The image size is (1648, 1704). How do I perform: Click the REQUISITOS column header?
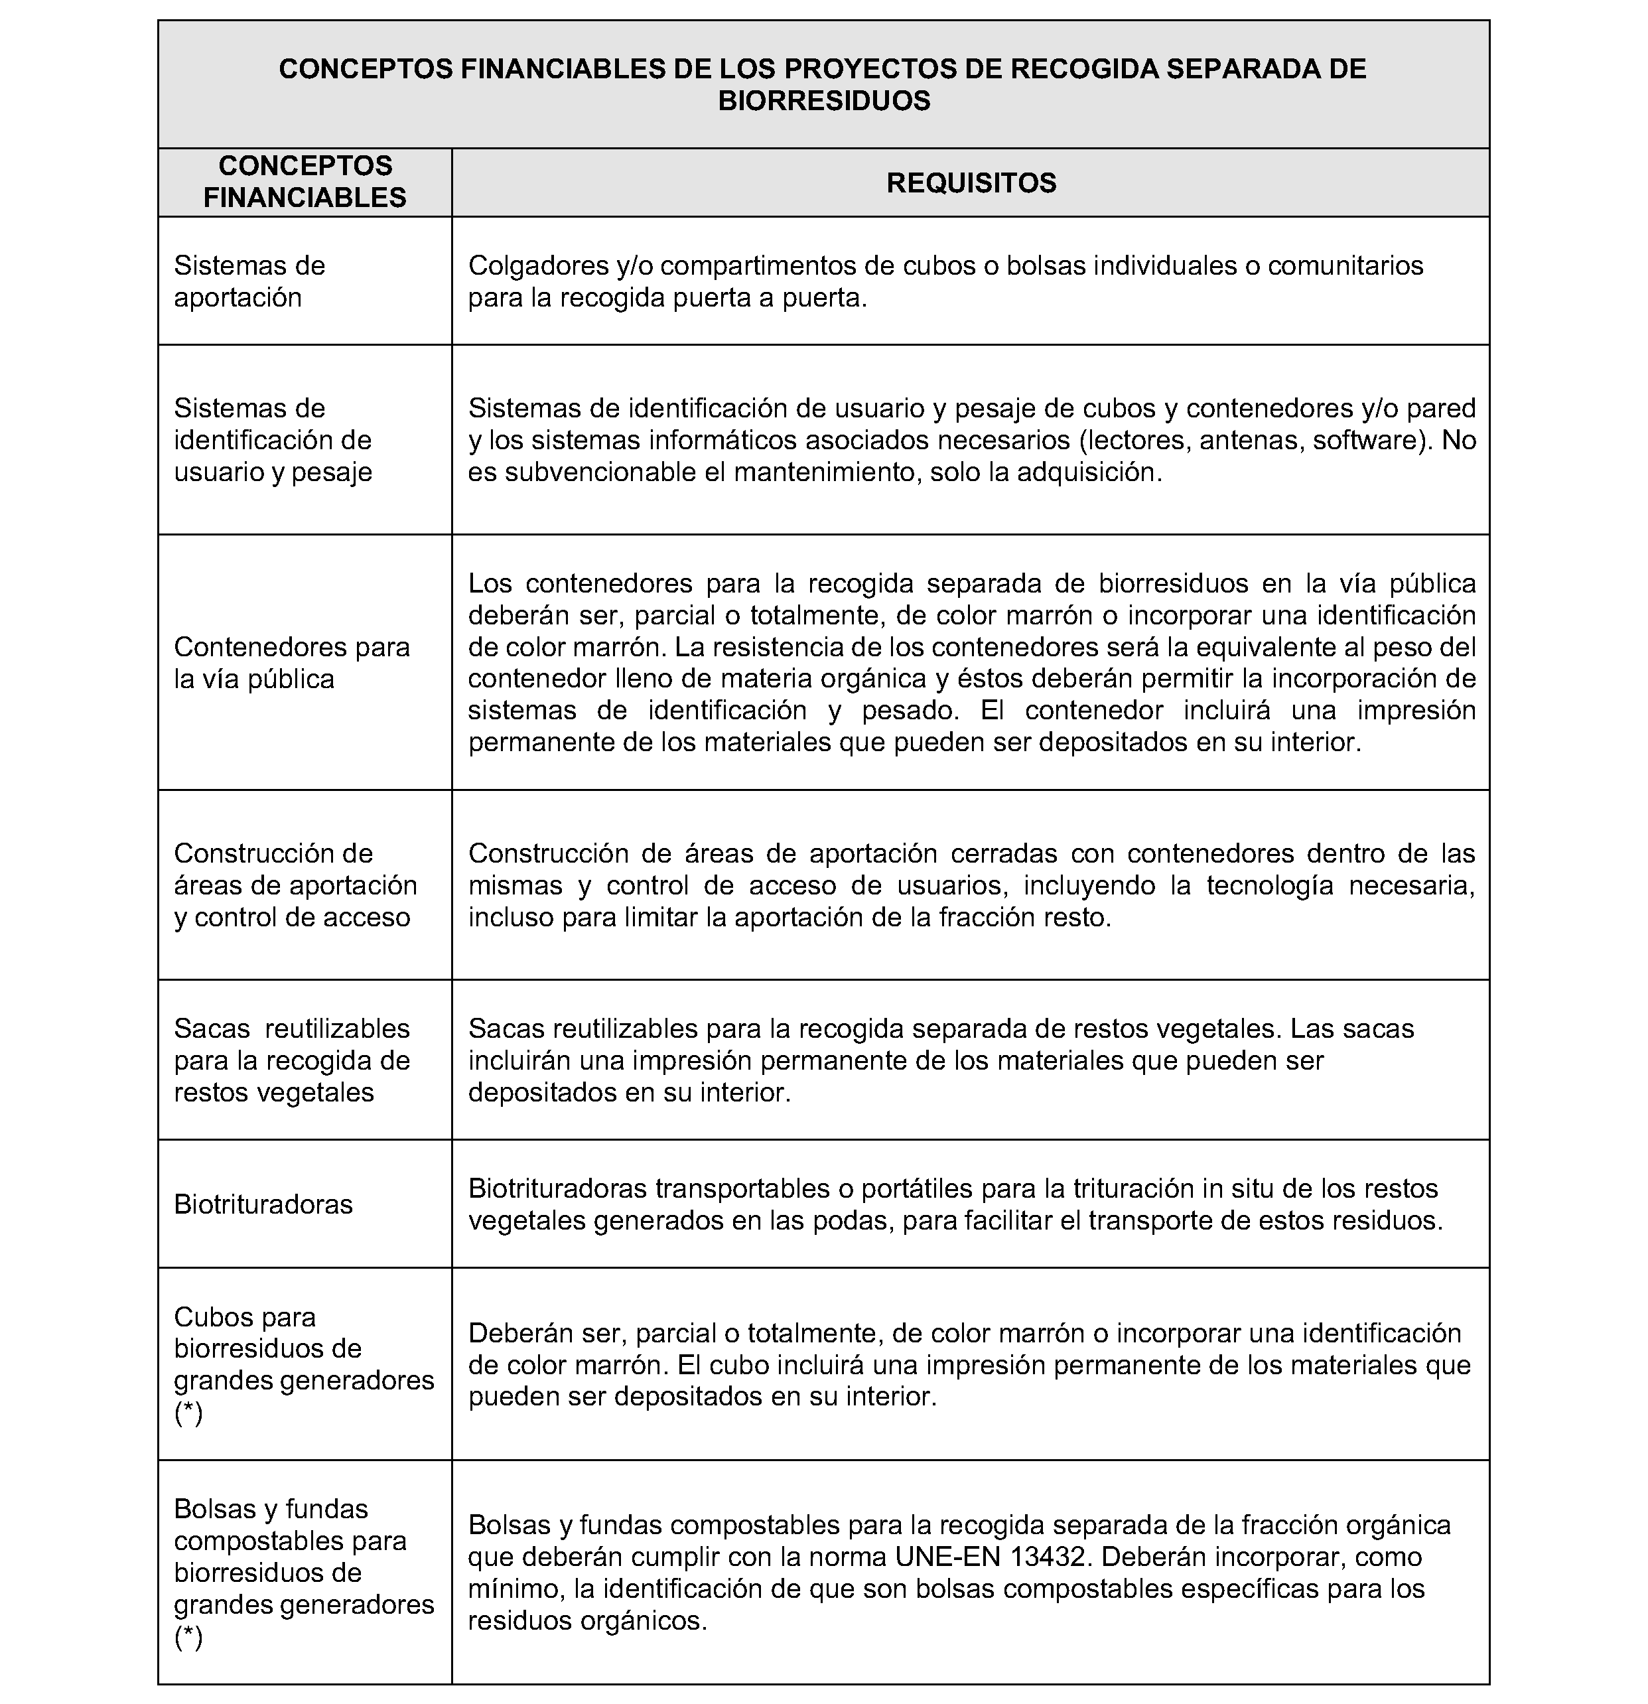pyautogui.click(x=971, y=182)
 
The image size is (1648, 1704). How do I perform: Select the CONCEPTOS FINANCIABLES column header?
pyautogui.click(x=305, y=182)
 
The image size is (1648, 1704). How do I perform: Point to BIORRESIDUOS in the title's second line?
pyautogui.click(x=823, y=101)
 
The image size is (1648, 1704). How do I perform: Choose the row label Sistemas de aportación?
pyautogui.click(x=249, y=281)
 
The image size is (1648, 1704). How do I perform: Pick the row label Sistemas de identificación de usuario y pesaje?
pyautogui.click(x=273, y=440)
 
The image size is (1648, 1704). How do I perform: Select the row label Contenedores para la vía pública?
pyautogui.click(x=291, y=662)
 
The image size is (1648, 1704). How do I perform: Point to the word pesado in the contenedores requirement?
pyautogui.click(x=909, y=710)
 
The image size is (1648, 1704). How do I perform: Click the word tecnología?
pyautogui.click(x=1267, y=885)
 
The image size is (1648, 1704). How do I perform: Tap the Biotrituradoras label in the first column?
pyautogui.click(x=263, y=1204)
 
